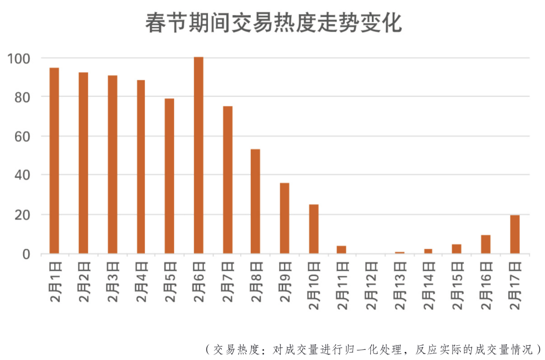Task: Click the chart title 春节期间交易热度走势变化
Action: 273,23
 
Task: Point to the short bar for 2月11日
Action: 342,249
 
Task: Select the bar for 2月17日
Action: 515,234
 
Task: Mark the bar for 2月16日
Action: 485,244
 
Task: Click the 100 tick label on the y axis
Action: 19,59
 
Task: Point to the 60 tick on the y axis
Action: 23,136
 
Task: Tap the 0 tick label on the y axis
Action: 26,254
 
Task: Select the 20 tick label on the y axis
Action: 23,215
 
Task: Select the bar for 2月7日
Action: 228,180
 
